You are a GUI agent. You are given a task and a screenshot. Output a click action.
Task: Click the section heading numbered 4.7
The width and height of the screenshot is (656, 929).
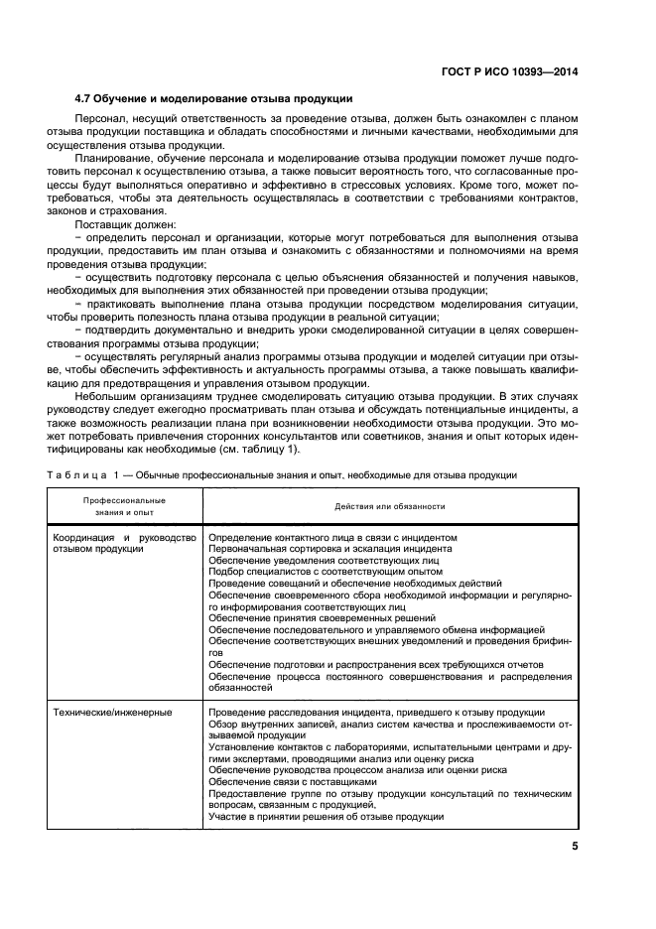click(213, 98)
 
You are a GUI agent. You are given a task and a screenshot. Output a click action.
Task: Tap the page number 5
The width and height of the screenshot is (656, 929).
click(575, 847)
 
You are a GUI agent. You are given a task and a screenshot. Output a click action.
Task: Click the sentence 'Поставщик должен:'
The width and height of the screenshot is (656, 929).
click(121, 226)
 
